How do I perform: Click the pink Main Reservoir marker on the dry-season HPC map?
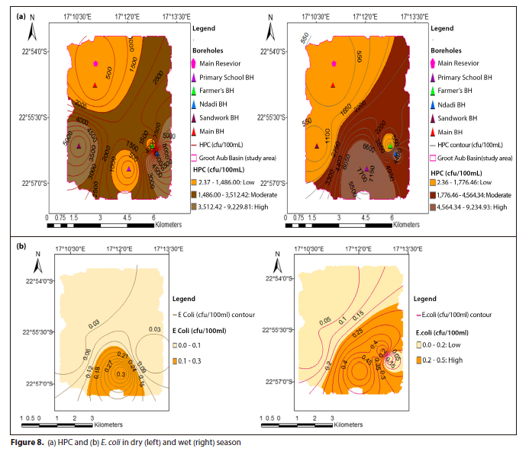[x=95, y=64]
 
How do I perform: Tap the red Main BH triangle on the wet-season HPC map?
[x=334, y=85]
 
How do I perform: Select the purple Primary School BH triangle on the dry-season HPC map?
[x=129, y=168]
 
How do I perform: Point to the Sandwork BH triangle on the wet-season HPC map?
[x=316, y=146]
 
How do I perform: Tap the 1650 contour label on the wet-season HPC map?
[x=358, y=113]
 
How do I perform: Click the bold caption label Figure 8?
[x=27, y=442]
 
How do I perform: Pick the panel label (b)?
[x=21, y=247]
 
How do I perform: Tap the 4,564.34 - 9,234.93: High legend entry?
[x=474, y=206]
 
